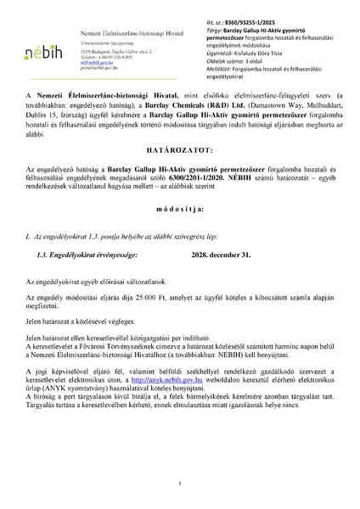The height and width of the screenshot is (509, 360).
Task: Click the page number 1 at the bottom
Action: pyautogui.click(x=180, y=484)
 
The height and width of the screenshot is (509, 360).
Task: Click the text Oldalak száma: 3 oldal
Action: pyautogui.click(x=240, y=62)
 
